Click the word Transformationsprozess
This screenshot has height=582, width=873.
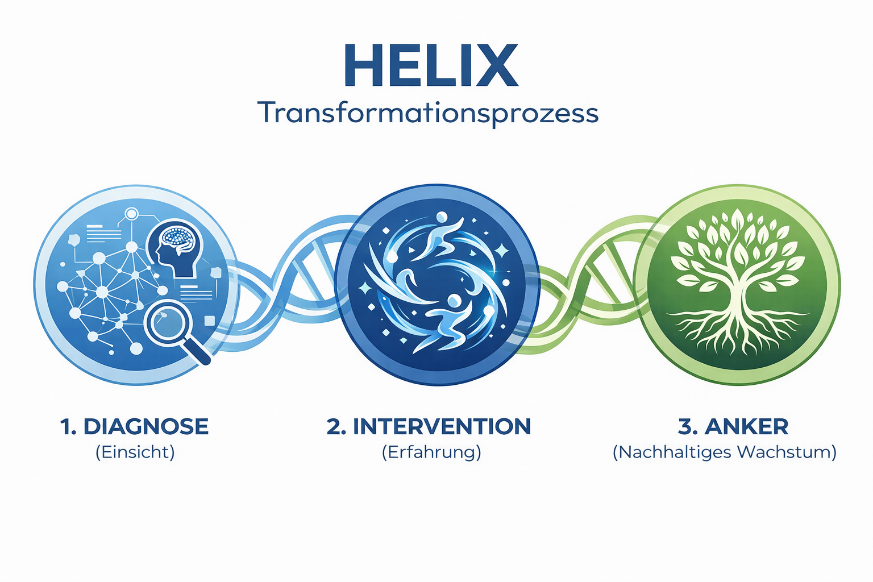coord(428,113)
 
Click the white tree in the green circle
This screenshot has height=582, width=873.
coord(737,267)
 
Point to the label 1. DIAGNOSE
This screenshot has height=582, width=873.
coord(135,427)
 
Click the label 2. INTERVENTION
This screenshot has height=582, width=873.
coord(429,427)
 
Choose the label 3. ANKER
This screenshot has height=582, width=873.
coord(733,427)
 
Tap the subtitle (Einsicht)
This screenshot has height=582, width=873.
coord(135,452)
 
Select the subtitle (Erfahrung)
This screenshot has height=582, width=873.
coord(431,452)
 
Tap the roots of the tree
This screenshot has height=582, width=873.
coord(737,330)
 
